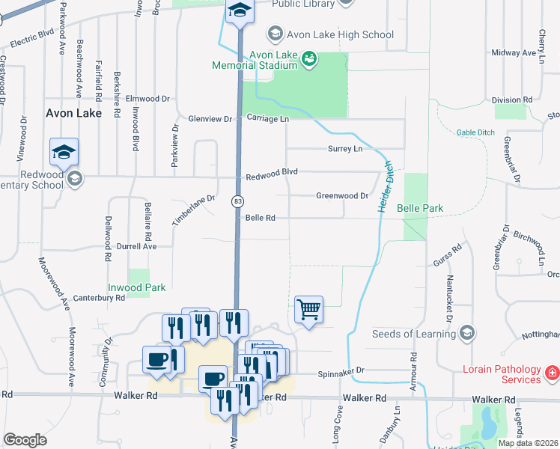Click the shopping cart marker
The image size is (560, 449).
coord(308,308)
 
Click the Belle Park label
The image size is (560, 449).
coord(420,208)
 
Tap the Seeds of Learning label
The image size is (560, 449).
coord(414,333)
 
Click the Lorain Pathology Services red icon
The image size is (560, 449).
coord(552,372)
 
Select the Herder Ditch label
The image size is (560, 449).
coord(384,187)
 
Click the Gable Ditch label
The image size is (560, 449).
coord(476,132)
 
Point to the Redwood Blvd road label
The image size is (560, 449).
coord(272,172)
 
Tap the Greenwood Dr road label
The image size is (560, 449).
coord(342,196)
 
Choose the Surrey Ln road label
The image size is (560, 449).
coord(345,149)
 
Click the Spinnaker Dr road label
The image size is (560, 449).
coord(340,370)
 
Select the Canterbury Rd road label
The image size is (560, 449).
coord(99,298)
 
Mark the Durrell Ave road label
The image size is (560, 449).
coord(136,245)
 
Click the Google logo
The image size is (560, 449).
coord(25,440)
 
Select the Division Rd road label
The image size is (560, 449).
coord(512,100)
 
